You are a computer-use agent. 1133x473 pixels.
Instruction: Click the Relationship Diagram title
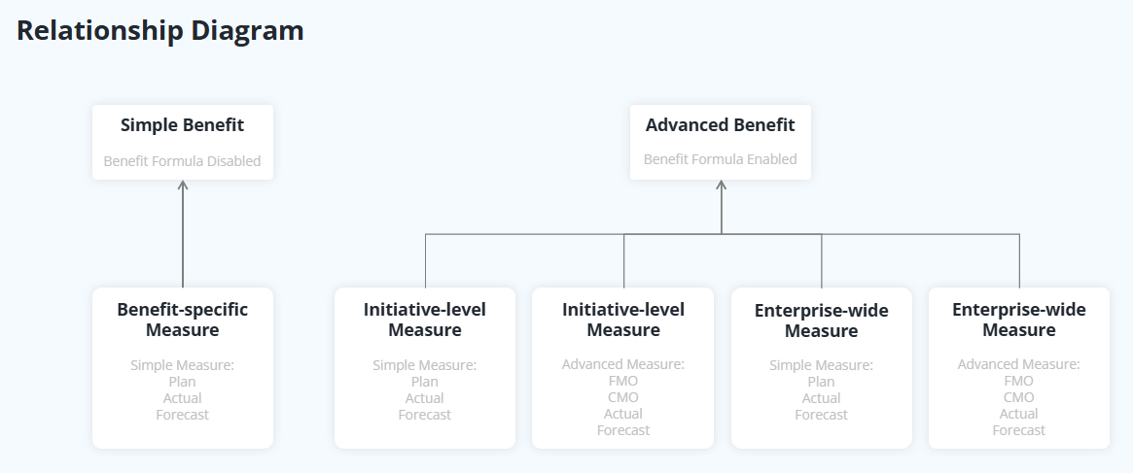click(x=159, y=31)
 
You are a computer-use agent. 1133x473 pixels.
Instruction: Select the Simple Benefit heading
click(x=182, y=125)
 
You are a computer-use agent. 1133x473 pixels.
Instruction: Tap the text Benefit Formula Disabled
click(x=182, y=161)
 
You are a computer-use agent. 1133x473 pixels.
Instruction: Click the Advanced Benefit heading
click(x=721, y=125)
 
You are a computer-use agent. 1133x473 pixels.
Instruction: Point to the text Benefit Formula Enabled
click(x=721, y=159)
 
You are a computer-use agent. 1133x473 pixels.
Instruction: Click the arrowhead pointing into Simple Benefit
click(x=183, y=185)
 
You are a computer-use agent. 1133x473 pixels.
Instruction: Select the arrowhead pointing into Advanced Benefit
click(x=721, y=185)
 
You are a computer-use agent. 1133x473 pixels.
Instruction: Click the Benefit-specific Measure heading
click(x=182, y=320)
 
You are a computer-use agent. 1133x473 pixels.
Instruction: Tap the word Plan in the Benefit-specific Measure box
click(x=182, y=382)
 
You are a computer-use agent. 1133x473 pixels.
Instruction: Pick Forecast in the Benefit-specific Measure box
click(x=182, y=415)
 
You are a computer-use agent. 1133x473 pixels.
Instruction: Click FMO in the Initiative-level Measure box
click(x=623, y=381)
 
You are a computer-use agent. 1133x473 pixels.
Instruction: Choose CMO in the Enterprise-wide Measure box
click(x=1019, y=397)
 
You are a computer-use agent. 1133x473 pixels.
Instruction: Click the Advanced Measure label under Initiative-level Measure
click(x=623, y=364)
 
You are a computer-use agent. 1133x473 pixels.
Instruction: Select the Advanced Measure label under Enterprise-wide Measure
click(x=1019, y=364)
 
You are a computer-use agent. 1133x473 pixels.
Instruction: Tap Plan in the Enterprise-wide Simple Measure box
click(x=821, y=382)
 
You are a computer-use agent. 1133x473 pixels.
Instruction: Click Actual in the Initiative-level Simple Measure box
click(x=425, y=398)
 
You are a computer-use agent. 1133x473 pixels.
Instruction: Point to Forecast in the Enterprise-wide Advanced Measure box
click(x=1019, y=430)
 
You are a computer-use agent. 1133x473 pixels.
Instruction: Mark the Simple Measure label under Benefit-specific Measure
click(x=182, y=365)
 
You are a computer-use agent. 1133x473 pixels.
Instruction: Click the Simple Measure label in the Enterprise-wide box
click(x=821, y=365)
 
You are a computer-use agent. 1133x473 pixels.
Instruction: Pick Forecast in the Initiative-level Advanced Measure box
click(x=623, y=430)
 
